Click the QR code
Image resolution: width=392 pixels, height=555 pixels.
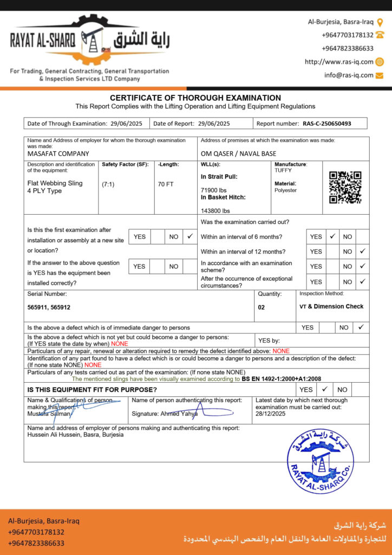tap(345, 187)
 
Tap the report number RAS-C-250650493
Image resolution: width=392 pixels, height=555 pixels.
tap(326, 124)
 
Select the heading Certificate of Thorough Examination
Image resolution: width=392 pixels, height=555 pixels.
tap(195, 98)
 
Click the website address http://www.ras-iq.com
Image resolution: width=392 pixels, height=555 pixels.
tap(339, 62)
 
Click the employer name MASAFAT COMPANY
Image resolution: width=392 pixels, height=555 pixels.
tap(58, 154)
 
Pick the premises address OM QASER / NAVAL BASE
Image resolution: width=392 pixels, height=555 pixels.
tap(238, 154)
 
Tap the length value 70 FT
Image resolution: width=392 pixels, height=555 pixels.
tap(166, 184)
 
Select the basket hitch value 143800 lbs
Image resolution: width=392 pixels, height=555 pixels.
tap(215, 211)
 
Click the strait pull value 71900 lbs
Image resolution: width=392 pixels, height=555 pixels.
tap(214, 190)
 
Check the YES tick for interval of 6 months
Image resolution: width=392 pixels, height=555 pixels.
tap(333, 236)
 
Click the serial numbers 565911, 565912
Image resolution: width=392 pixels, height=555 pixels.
tap(49, 307)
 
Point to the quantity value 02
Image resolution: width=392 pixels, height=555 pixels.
tap(262, 307)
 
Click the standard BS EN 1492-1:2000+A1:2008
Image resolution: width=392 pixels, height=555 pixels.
tap(282, 379)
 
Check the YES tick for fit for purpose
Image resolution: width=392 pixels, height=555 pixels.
tap(324, 389)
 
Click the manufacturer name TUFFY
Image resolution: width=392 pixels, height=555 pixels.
tap(283, 170)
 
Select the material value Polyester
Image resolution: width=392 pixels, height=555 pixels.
tap(286, 191)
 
